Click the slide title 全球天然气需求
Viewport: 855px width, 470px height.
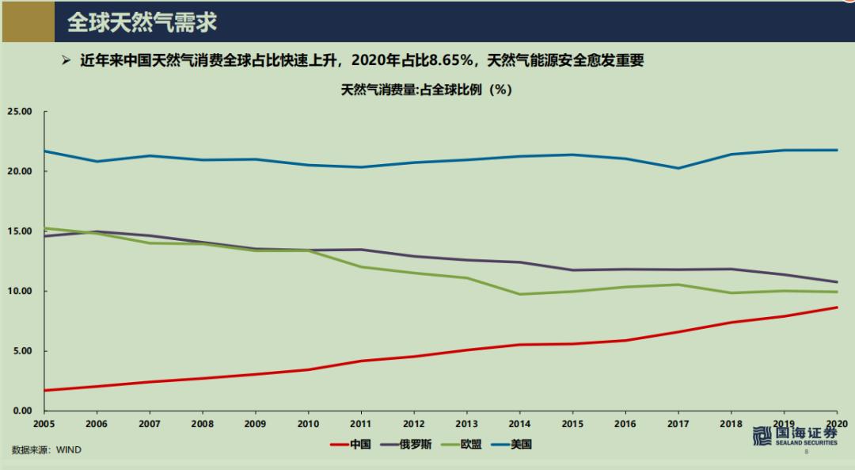click(142, 22)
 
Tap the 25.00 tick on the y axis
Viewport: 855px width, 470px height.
click(19, 112)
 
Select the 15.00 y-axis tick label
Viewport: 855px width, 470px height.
click(19, 231)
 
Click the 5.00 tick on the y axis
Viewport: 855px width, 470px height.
click(21, 351)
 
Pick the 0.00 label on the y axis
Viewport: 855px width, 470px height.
click(21, 411)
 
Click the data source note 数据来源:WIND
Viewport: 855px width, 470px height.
click(46, 449)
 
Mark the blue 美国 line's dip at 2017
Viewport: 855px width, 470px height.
click(678, 168)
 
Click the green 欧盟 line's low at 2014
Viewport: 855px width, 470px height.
click(520, 294)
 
